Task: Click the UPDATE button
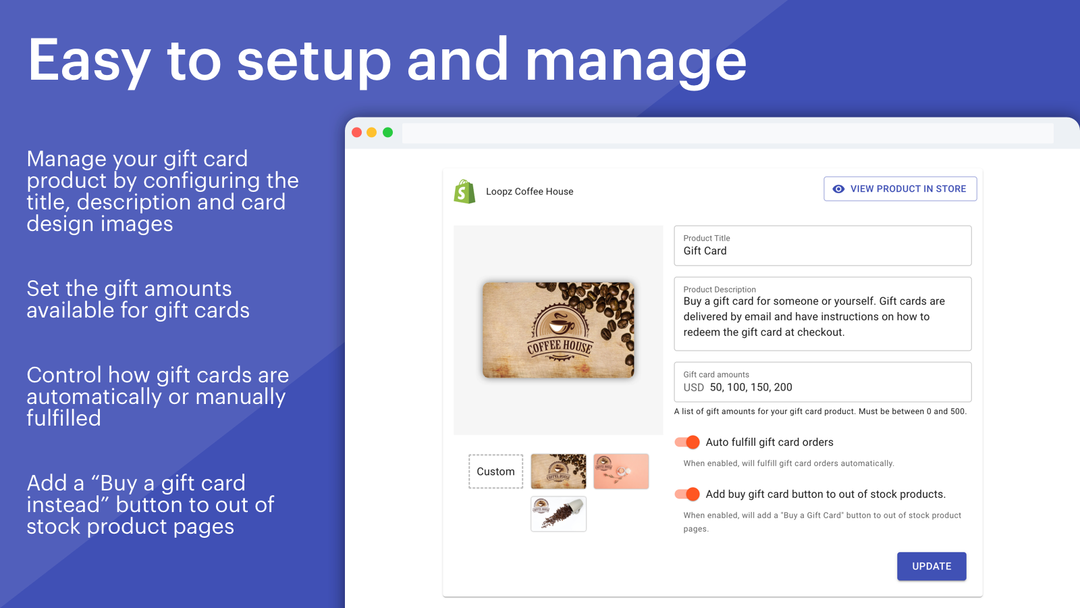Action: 931,566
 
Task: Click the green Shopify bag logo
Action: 464,192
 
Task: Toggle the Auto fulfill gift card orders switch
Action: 687,442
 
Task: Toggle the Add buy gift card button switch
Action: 687,495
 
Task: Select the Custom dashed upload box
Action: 495,472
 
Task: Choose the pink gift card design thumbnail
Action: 621,472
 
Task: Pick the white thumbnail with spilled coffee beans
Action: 558,514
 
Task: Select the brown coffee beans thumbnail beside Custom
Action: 558,472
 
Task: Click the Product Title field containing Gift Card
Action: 822,246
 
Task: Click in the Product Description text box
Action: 822,314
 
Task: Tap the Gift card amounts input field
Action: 822,383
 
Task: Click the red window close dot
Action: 357,132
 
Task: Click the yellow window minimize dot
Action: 372,132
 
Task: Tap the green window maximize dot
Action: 387,132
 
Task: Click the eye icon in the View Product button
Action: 838,189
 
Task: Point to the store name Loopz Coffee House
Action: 529,192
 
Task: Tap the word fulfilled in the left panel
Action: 63,418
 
